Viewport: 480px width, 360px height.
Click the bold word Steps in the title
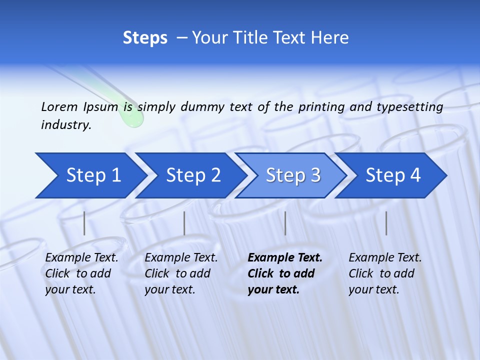click(x=145, y=38)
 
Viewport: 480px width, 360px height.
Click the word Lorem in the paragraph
click(x=59, y=106)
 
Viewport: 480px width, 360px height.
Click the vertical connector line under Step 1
click(x=84, y=223)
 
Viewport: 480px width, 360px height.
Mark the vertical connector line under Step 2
click(x=184, y=223)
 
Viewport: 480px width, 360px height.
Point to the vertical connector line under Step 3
click(x=285, y=223)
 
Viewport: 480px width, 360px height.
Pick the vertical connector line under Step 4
click(x=386, y=223)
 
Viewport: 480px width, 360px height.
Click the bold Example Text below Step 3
click(x=285, y=258)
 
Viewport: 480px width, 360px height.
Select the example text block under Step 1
click(x=81, y=273)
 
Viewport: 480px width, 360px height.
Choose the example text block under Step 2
click(x=181, y=273)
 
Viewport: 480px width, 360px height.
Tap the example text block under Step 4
click(x=385, y=273)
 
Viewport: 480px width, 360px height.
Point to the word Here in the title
click(x=330, y=38)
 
